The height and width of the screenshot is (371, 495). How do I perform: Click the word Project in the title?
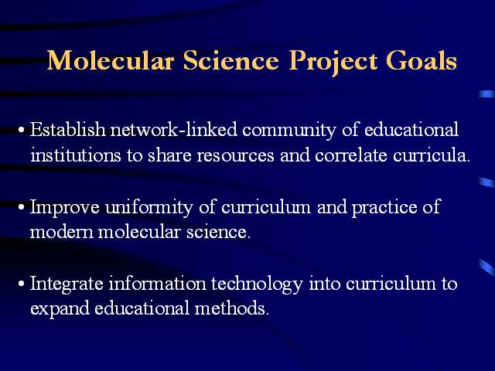pos(333,62)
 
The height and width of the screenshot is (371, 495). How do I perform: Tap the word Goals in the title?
pos(422,60)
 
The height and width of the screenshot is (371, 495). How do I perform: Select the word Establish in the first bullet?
pos(68,129)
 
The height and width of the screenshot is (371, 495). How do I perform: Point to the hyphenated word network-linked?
pos(173,129)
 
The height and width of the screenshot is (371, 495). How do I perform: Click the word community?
pos(288,131)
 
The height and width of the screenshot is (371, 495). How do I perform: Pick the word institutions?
pos(76,155)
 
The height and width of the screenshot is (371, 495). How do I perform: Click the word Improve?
pos(65,208)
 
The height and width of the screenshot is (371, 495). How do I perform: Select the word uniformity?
pos(149,208)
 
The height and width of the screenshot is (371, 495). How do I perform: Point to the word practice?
pos(384,208)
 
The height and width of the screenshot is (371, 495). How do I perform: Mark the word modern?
pos(62,232)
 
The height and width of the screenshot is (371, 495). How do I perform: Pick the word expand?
pos(60,309)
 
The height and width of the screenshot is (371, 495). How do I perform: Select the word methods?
pos(231,308)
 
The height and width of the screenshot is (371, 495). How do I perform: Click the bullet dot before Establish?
pos(22,131)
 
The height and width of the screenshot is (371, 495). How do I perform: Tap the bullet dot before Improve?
pos(22,208)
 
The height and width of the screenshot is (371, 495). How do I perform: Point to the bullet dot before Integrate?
pos(22,284)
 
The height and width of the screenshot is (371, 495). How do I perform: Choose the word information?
pos(157,283)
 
